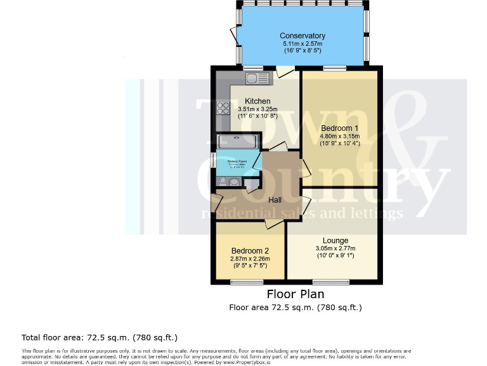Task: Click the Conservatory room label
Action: click(302, 36)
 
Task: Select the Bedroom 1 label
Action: click(341, 128)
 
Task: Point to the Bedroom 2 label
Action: click(250, 250)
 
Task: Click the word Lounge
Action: click(335, 240)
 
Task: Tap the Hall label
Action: click(275, 200)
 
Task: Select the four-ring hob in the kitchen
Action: click(223, 108)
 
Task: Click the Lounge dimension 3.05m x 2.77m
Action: click(335, 248)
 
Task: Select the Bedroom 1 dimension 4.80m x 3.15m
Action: click(340, 136)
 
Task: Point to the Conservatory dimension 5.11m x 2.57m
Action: click(302, 44)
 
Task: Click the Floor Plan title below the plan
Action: click(295, 294)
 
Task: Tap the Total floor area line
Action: click(100, 337)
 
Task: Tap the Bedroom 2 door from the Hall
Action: click(274, 224)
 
